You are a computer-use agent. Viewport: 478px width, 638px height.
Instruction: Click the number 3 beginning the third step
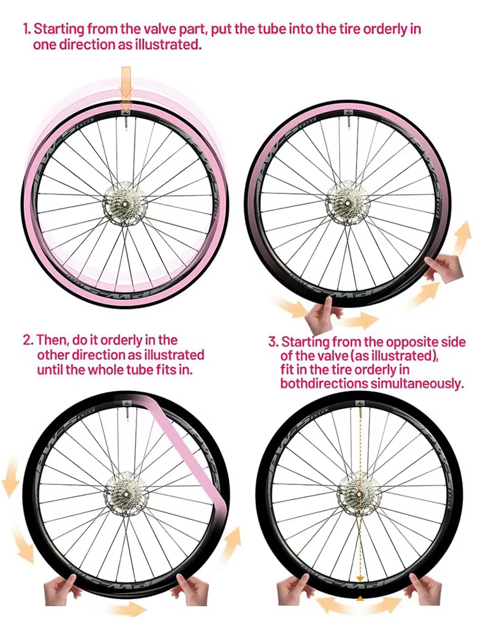click(272, 342)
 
